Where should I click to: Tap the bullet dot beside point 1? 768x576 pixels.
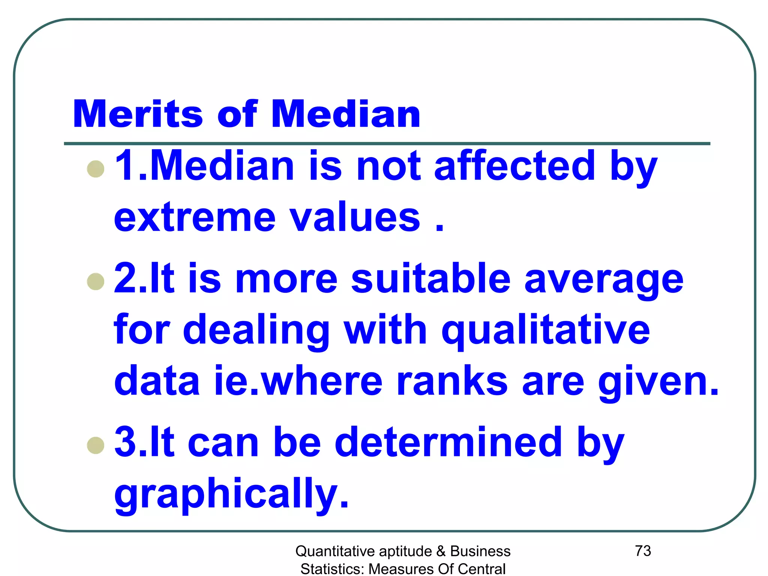point(96,169)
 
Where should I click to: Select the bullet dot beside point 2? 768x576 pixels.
point(96,282)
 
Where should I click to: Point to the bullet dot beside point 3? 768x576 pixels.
point(96,445)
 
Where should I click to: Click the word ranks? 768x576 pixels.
point(452,381)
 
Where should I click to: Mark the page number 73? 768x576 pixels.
point(643,551)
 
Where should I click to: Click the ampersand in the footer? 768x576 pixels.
point(441,552)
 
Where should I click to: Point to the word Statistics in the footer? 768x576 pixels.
point(332,569)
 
